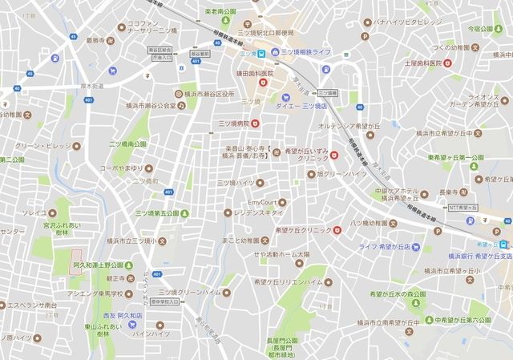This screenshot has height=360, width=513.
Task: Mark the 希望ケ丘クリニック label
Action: pyautogui.click(x=304, y=230)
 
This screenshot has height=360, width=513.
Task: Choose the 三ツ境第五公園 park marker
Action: pyautogui.click(x=185, y=212)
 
